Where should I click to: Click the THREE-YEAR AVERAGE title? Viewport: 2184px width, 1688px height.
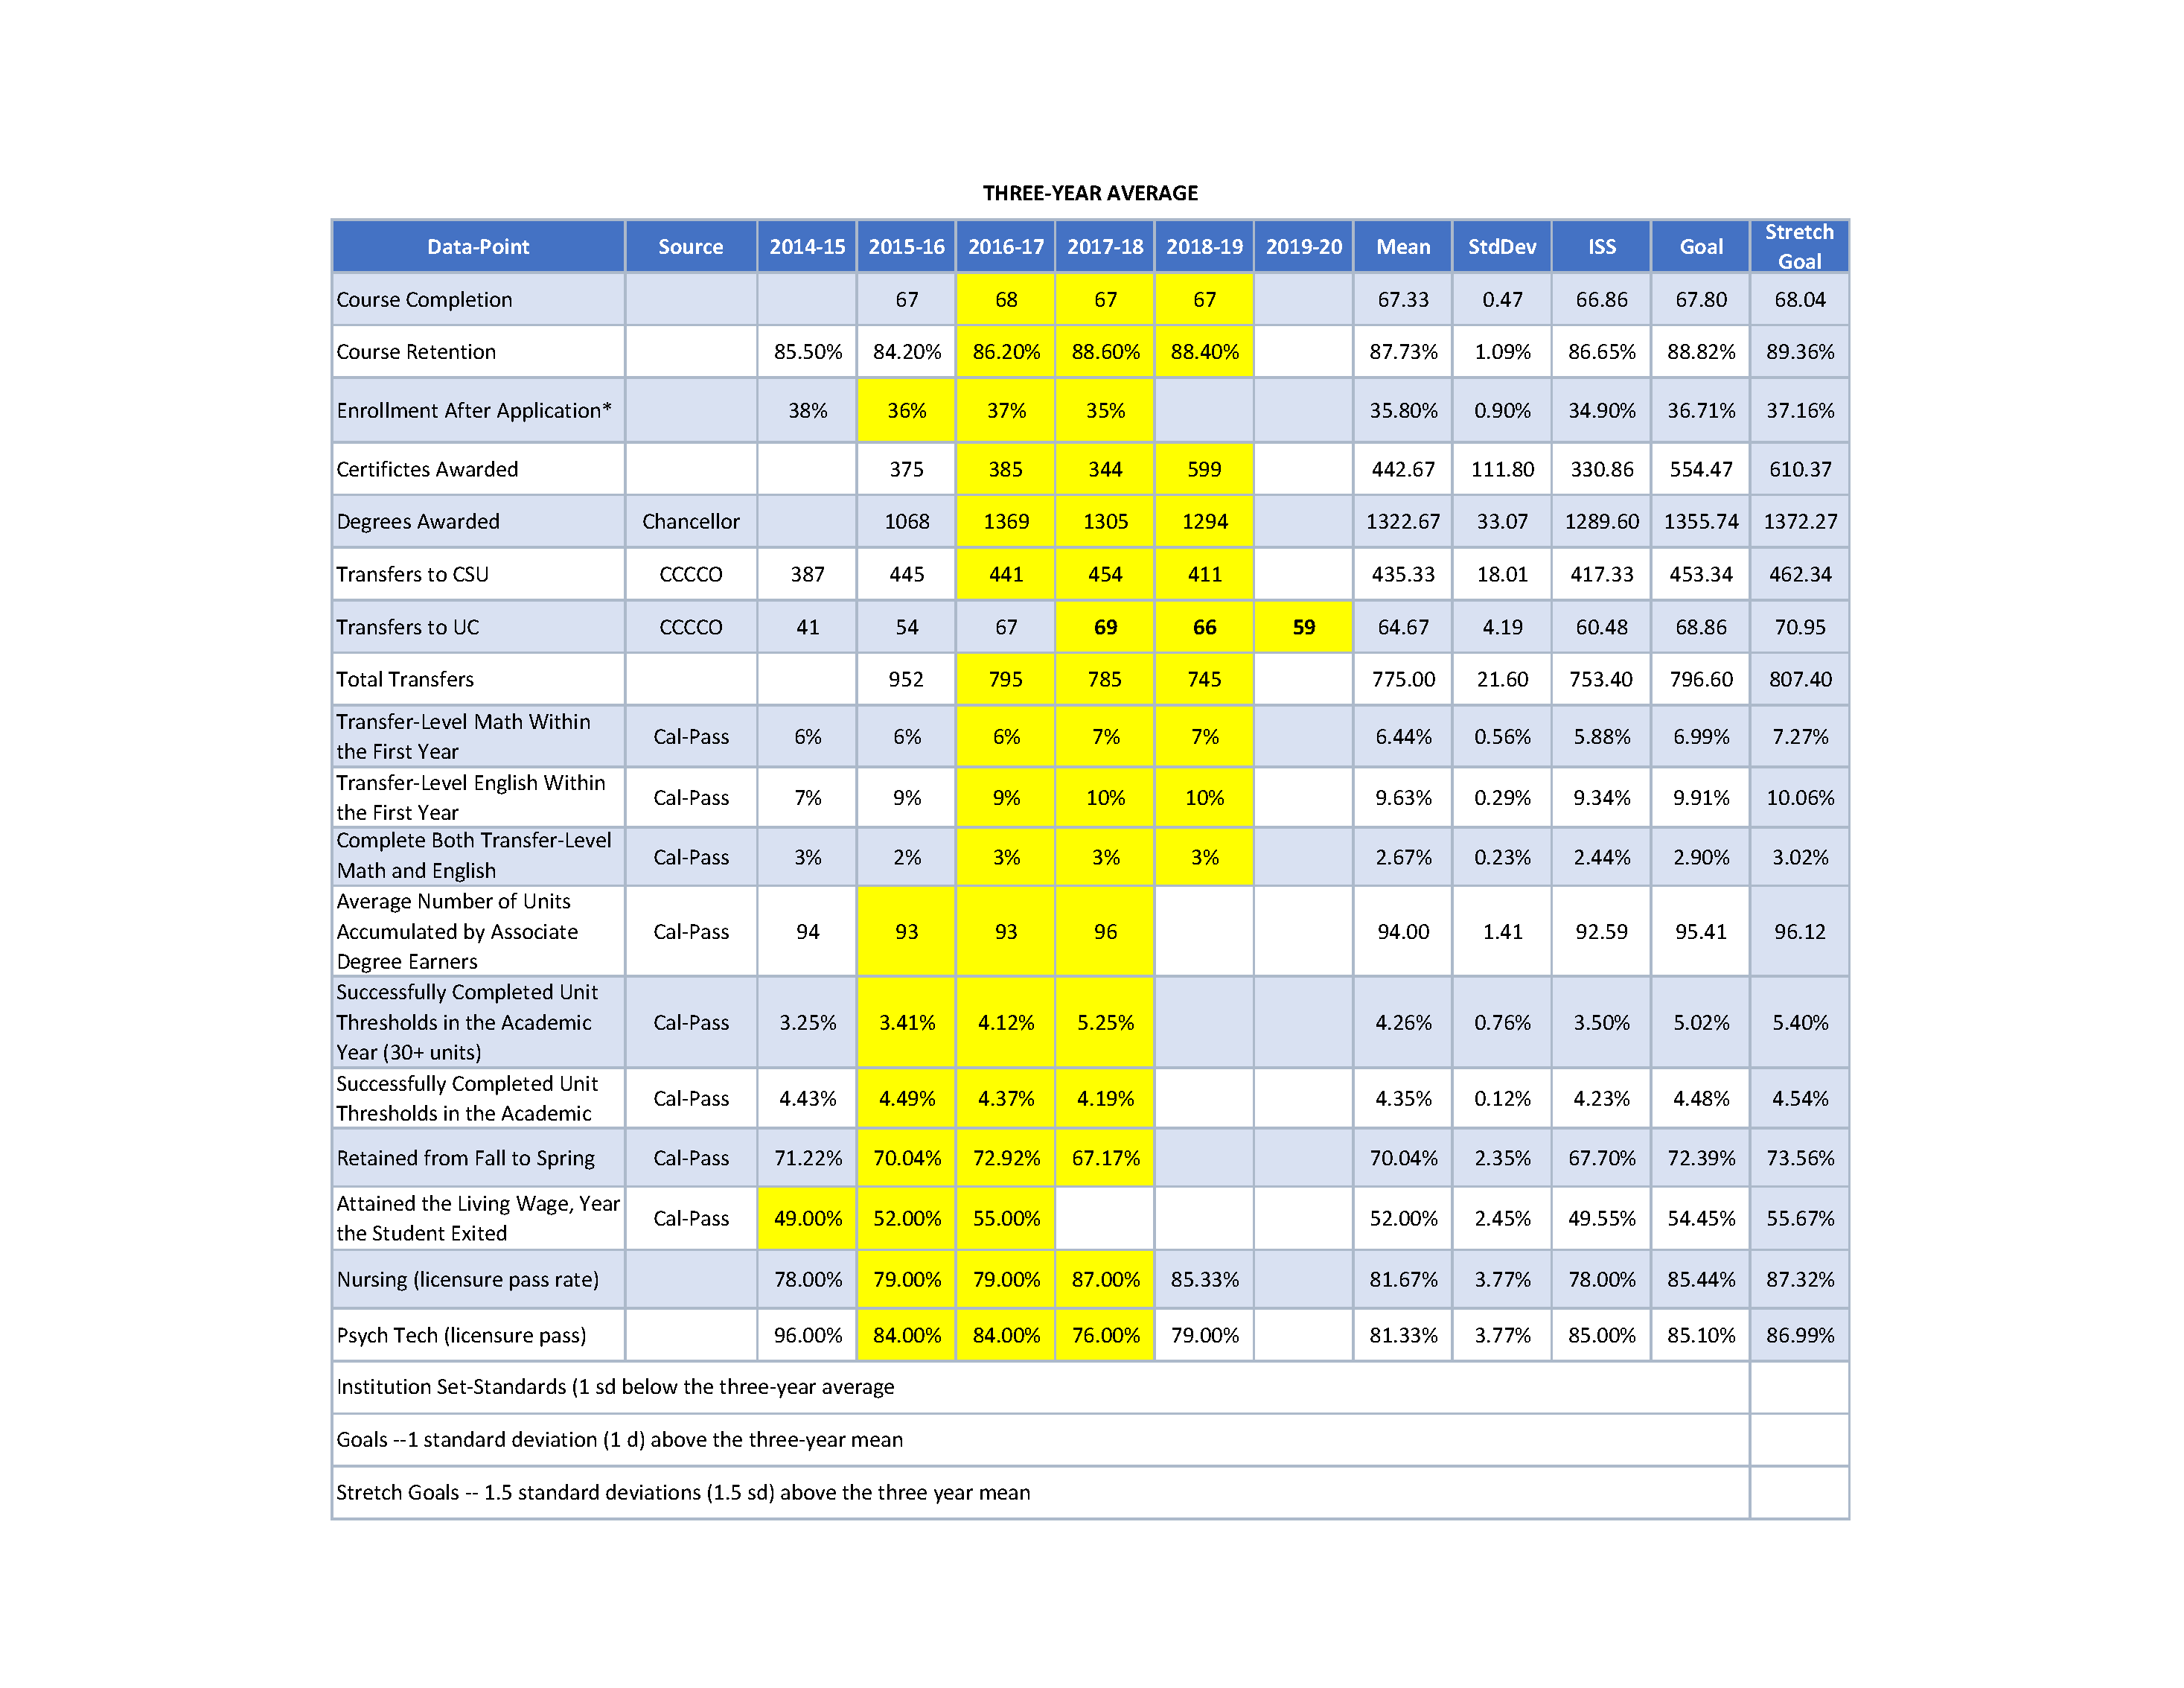click(1090, 193)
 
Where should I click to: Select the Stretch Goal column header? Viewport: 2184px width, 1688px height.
click(1799, 246)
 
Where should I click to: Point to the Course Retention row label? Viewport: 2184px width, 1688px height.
click(416, 352)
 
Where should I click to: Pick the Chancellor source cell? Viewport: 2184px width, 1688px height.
click(690, 522)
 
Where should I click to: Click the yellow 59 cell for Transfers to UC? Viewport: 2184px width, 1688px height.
click(1303, 627)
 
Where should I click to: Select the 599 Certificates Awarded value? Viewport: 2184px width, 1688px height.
click(1204, 469)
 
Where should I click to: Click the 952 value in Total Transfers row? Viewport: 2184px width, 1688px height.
click(906, 680)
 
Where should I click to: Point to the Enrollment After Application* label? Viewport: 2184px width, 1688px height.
click(474, 411)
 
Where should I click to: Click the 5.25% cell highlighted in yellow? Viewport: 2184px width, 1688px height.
click(1105, 1023)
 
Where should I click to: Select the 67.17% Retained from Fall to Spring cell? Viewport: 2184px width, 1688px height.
click(1105, 1158)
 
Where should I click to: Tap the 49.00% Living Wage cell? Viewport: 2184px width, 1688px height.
click(807, 1219)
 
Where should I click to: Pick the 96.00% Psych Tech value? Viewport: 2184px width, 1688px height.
click(807, 1336)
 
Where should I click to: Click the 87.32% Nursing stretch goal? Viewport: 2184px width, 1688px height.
click(1799, 1280)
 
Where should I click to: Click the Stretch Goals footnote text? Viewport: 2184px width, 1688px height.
click(683, 1493)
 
